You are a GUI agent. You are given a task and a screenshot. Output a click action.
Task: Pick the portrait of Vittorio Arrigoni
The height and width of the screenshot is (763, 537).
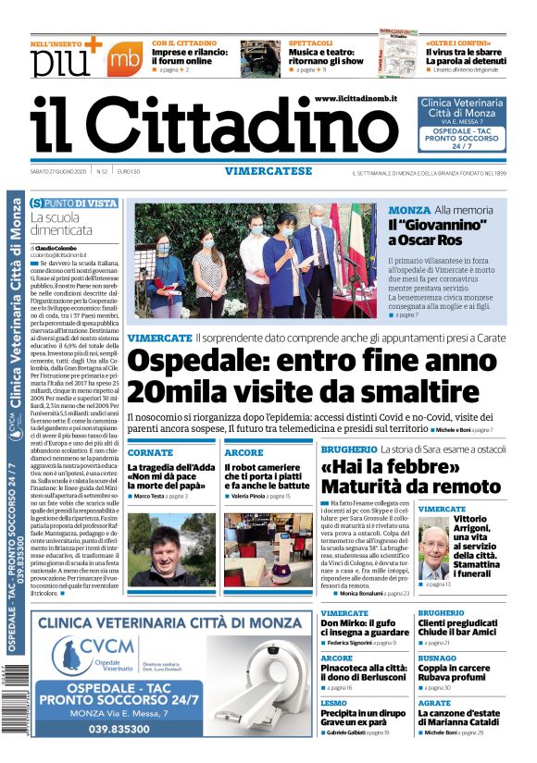click(x=433, y=549)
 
